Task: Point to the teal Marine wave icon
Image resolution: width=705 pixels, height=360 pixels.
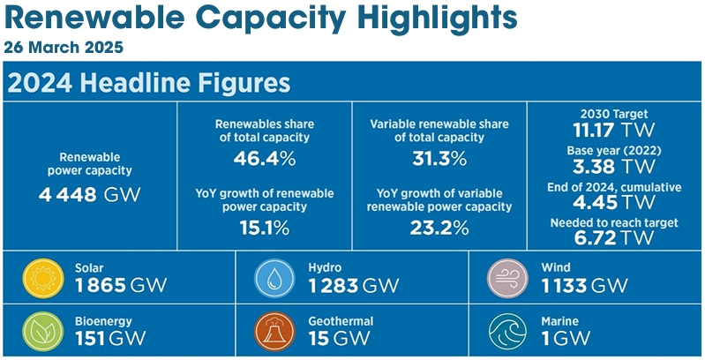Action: (507, 329)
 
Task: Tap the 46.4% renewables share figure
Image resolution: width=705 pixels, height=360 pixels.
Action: (264, 160)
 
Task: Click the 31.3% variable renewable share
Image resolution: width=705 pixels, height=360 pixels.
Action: (439, 160)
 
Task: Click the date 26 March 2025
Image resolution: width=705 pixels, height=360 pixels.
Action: (64, 45)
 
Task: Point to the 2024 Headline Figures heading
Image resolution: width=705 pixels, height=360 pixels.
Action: (149, 84)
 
